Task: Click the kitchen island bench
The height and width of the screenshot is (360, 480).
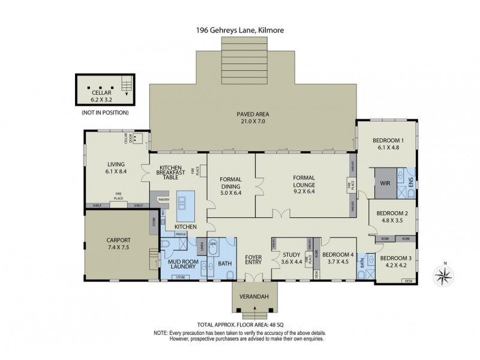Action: pyautogui.click(x=185, y=205)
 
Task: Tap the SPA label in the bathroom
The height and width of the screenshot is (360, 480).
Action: pyautogui.click(x=212, y=245)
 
